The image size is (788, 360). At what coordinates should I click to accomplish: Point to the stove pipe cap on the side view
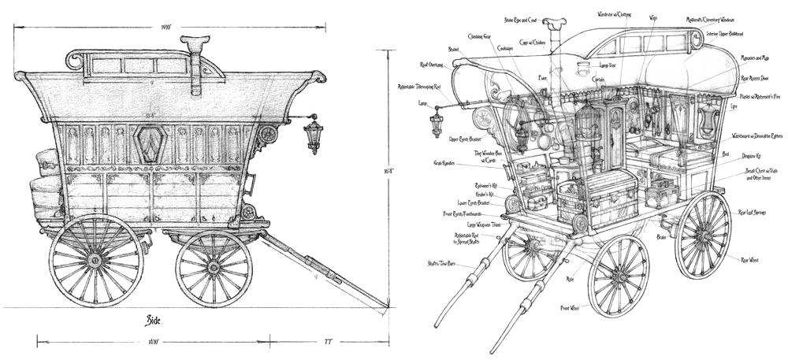pos(191,40)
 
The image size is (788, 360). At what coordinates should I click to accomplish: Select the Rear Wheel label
pos(749,258)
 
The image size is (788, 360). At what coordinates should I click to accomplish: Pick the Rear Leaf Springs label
pos(752,211)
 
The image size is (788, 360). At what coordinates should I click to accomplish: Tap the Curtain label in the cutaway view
pos(599,79)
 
